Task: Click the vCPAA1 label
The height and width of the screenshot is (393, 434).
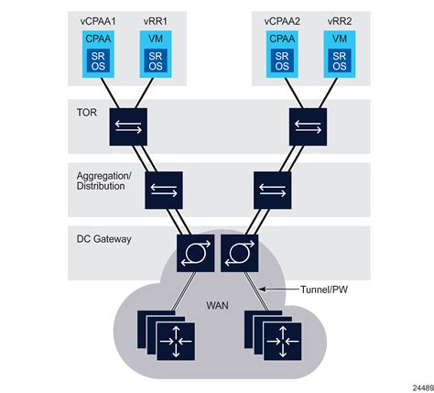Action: point(98,21)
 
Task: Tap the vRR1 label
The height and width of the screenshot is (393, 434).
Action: point(156,21)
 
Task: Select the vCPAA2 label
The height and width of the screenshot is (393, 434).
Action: point(282,21)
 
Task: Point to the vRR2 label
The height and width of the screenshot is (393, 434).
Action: point(340,21)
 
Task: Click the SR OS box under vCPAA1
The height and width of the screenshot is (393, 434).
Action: point(98,60)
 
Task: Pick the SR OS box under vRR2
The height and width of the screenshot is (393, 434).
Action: point(340,60)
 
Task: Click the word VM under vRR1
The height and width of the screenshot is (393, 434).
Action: point(156,38)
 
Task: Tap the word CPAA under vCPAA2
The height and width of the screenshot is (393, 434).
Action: point(282,38)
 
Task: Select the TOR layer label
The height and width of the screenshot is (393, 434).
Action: point(87,113)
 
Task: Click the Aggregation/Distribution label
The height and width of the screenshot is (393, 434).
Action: point(104,180)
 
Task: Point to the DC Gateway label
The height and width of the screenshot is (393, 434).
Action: point(103,239)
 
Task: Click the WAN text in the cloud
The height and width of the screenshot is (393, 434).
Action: point(217,305)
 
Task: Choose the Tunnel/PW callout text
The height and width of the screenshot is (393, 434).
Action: point(324,289)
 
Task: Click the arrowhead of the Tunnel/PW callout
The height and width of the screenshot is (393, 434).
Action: point(261,289)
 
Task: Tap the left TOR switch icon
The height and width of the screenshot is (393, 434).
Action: point(128,126)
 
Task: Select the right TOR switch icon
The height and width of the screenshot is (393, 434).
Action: point(308,126)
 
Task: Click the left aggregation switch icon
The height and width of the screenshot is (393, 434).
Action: point(164,190)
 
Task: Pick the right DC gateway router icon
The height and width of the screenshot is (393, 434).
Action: point(240,253)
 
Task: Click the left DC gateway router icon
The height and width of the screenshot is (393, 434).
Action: point(195,253)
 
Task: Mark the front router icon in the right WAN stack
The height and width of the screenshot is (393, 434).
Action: point(283,342)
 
